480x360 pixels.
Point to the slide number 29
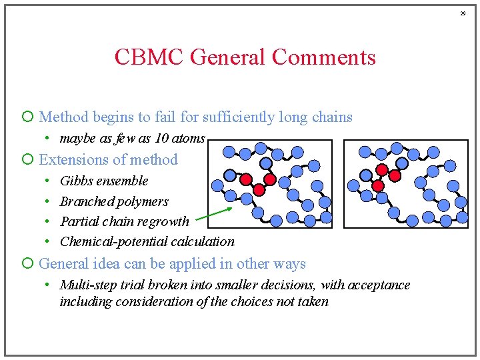click(x=465, y=13)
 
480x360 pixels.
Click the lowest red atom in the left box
click(x=259, y=189)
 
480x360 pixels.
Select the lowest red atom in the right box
click(x=377, y=185)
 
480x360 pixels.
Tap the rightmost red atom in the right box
click(x=395, y=176)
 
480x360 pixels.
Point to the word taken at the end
click(x=313, y=301)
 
